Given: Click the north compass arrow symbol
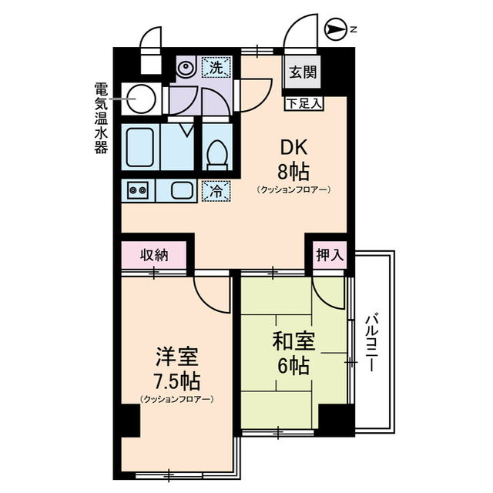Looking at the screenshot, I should point(336,30).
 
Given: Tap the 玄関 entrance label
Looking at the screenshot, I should point(301,73).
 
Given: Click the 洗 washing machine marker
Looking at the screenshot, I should point(217,68).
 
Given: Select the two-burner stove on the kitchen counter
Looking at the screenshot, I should point(138,189).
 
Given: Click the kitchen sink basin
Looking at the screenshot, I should point(182,189).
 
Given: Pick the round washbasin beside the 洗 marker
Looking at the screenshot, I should point(186,68).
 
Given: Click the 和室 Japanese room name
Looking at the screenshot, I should point(291,341).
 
